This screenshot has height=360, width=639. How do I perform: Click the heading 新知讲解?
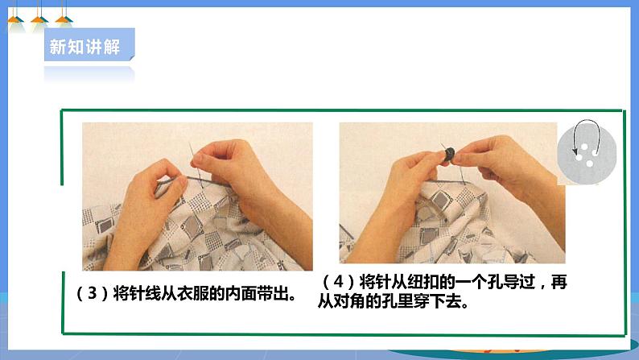(85, 47)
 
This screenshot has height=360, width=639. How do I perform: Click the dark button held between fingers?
(448, 154)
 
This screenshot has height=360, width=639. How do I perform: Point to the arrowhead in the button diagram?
(575, 151)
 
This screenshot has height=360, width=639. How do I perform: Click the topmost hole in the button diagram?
(585, 147)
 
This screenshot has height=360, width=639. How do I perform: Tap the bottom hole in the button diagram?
(589, 164)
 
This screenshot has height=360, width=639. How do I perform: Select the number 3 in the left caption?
(93, 292)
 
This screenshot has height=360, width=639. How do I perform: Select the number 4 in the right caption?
(338, 281)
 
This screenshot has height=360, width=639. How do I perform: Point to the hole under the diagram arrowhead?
(579, 157)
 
